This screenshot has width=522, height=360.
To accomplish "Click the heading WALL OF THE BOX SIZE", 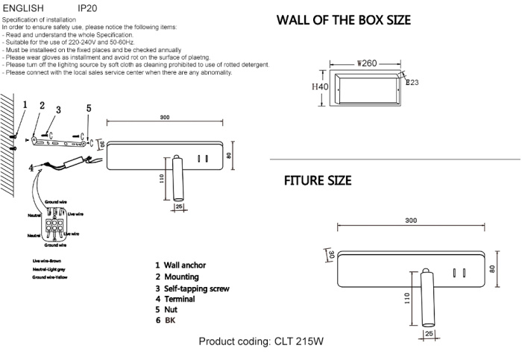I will [x=343, y=20].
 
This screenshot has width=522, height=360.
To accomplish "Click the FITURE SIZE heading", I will [x=318, y=181].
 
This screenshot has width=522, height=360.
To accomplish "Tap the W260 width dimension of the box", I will [x=367, y=64].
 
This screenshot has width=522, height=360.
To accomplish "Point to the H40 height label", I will [x=319, y=87].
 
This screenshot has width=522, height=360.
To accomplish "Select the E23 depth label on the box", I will [x=411, y=83].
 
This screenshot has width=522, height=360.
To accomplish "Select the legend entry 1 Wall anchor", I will [x=180, y=265].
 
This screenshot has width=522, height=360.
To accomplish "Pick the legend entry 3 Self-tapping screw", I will [x=192, y=288].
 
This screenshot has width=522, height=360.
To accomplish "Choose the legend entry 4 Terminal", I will [x=174, y=298].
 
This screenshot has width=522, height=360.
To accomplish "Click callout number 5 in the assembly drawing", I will [x=88, y=109].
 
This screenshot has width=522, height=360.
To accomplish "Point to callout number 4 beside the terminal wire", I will [x=31, y=168].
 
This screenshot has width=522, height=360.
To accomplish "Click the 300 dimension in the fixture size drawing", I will [x=410, y=221].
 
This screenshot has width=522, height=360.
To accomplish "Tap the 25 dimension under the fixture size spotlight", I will [x=429, y=334].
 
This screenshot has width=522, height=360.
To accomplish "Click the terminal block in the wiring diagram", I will [x=54, y=224].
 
